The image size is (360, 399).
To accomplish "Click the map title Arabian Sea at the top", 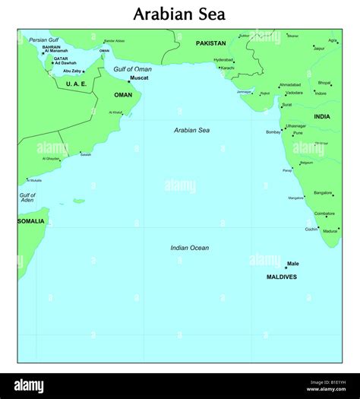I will (179, 14).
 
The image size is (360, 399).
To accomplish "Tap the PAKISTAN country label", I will (210, 43).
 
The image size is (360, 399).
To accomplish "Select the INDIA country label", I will (322, 116).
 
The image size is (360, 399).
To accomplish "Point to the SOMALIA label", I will (31, 221).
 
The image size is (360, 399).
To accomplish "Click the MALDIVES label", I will (281, 277).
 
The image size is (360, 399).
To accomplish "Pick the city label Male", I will (292, 264).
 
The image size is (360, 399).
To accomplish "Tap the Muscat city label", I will (139, 78).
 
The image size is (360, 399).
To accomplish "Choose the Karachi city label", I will (228, 67).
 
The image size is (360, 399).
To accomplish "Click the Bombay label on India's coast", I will (273, 132).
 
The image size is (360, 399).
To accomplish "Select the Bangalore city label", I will (323, 192).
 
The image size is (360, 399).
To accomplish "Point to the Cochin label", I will (311, 229).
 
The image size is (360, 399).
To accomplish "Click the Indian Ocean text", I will (189, 248).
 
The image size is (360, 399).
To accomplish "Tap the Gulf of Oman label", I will (132, 69).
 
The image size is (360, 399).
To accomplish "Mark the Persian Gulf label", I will (43, 40).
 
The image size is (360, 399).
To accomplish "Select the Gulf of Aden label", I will (27, 198).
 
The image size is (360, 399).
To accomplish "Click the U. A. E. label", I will (76, 84).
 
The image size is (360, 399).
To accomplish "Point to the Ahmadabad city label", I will (290, 84).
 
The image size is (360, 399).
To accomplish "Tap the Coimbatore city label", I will (324, 214).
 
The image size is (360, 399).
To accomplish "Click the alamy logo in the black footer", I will (35, 385).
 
